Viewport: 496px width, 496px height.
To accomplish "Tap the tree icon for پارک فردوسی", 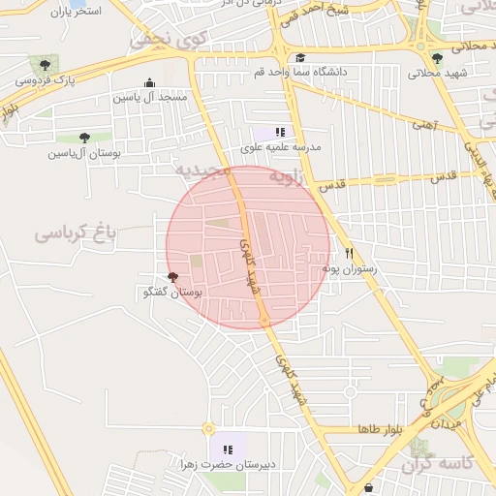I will coord(46,64).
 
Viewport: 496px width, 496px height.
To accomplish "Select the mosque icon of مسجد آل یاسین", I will coord(148,82).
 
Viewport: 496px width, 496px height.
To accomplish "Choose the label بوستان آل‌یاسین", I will coord(82,153).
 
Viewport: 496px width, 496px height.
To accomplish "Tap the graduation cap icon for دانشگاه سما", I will coord(299,58).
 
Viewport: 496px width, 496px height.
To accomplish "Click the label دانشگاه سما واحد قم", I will coord(298,73).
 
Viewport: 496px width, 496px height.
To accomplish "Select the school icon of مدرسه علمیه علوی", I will coord(280,132).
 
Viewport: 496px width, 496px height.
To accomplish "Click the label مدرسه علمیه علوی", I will coord(281,148).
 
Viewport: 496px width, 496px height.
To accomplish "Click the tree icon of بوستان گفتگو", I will coord(172,277).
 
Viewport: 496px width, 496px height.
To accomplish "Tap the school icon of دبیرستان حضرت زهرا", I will coord(228,449).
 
